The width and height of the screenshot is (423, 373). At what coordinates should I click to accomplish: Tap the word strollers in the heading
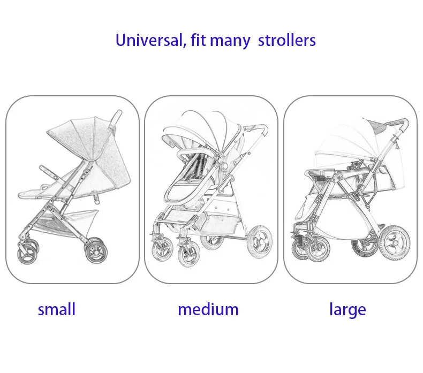[x=287, y=40]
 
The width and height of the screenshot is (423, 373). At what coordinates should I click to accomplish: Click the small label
[x=56, y=309]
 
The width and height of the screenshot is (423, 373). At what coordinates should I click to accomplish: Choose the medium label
[x=208, y=309]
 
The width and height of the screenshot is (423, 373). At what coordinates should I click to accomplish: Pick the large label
[x=348, y=309]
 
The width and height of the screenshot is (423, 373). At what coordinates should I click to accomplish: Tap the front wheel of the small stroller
[x=28, y=252]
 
